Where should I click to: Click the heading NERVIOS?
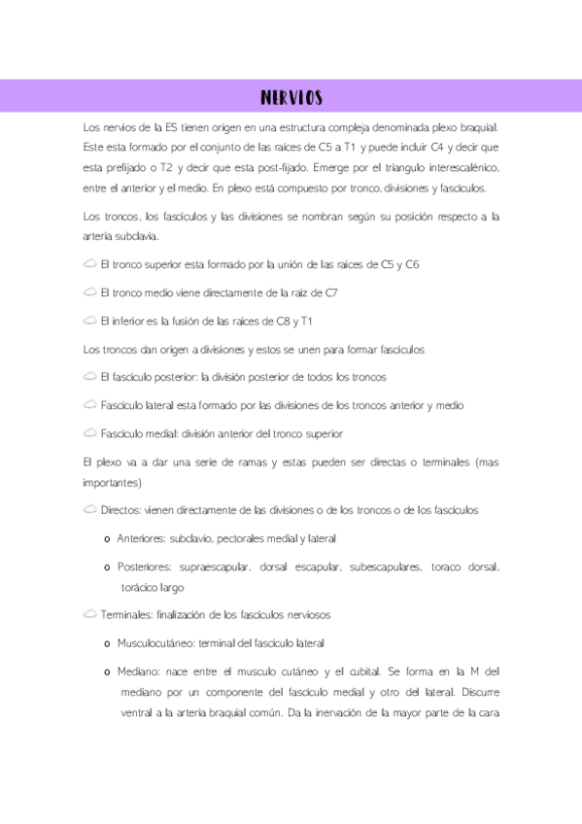(x=291, y=98)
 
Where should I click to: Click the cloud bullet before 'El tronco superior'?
(x=89, y=264)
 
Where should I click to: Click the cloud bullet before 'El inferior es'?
(x=89, y=321)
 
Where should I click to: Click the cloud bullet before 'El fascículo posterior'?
(x=89, y=377)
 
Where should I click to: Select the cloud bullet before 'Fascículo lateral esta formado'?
(x=89, y=405)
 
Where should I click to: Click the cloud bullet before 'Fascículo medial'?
(x=89, y=433)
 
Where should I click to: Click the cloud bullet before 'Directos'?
(x=89, y=510)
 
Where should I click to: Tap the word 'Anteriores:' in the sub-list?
(x=140, y=538)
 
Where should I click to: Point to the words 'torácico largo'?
(x=153, y=587)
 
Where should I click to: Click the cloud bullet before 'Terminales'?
(x=89, y=615)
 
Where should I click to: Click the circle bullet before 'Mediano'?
(x=105, y=672)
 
